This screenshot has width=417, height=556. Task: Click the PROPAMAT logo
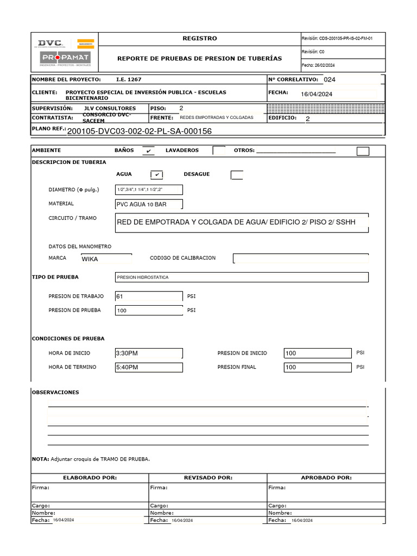[x=65, y=58]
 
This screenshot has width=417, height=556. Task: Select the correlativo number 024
[x=330, y=79]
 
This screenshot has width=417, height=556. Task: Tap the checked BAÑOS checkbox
[x=148, y=151]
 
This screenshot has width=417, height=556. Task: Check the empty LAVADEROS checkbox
[x=219, y=150]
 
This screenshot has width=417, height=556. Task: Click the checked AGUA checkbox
[x=156, y=174]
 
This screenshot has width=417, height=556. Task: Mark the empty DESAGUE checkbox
[x=237, y=174]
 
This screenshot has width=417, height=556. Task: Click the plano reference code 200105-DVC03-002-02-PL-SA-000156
[x=139, y=131]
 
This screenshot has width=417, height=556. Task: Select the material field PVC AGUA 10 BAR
[x=149, y=204]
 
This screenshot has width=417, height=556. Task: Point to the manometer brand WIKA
[x=106, y=259]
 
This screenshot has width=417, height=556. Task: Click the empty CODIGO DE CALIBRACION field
[x=301, y=258]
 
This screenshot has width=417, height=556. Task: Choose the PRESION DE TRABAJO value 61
[x=149, y=296]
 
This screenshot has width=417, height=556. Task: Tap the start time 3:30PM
[x=149, y=353]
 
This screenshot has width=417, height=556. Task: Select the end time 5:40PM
[x=149, y=368]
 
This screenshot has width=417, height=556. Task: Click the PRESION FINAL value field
[x=318, y=368]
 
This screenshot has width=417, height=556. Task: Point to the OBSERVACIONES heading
[x=55, y=392]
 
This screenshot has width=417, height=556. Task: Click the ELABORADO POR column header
[x=90, y=478]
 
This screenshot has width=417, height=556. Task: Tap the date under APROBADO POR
[x=302, y=520]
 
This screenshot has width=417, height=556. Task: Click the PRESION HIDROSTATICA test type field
[x=242, y=277]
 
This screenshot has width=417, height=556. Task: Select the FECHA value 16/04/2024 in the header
[x=317, y=94]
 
